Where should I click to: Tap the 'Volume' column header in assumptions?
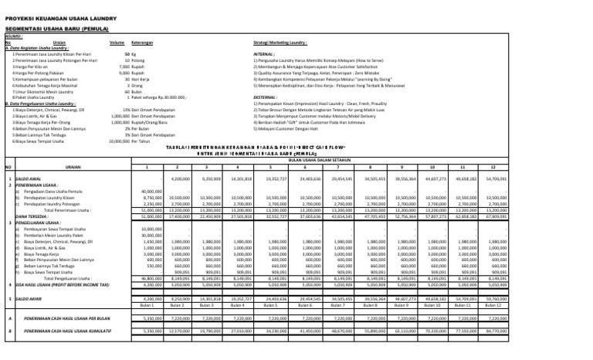(117, 42)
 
